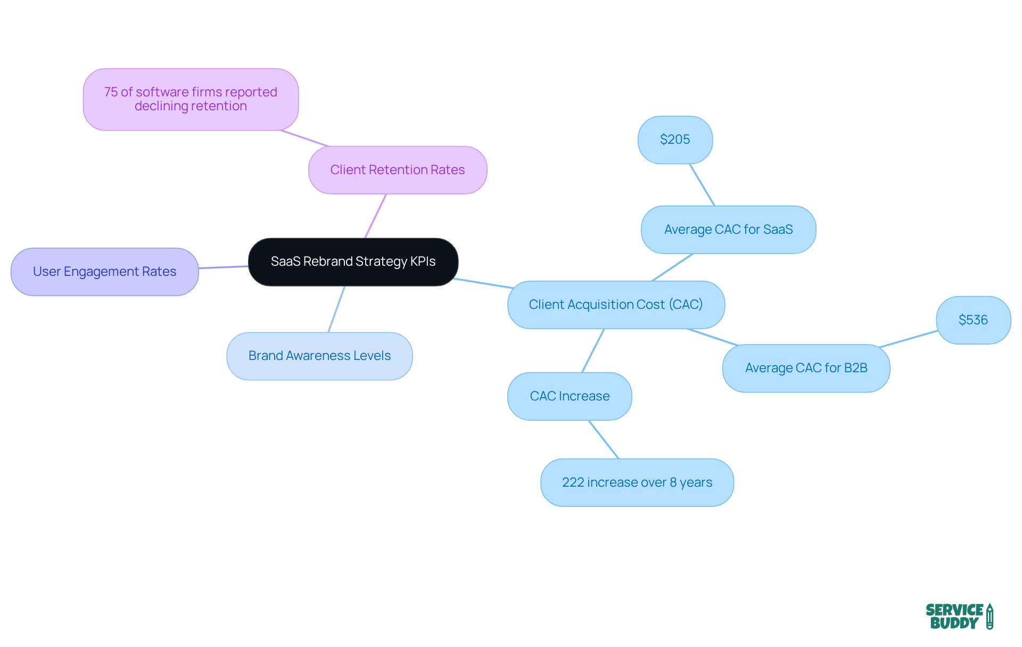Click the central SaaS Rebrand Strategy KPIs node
point(353,261)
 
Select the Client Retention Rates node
point(398,170)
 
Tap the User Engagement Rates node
point(104,272)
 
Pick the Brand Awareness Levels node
point(319,356)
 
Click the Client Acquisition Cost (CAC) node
point(616,305)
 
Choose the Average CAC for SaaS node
point(728,230)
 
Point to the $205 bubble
point(675,140)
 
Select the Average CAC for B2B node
point(806,368)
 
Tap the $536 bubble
point(973,320)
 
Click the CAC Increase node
point(570,396)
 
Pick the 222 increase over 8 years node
point(637,482)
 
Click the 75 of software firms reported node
point(191,99)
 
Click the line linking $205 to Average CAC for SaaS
point(702,185)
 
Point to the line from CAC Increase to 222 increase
point(604,439)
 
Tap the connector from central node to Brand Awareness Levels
point(336,309)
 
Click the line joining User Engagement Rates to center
point(224,267)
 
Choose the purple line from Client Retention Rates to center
point(375,216)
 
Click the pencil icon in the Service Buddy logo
point(990,616)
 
